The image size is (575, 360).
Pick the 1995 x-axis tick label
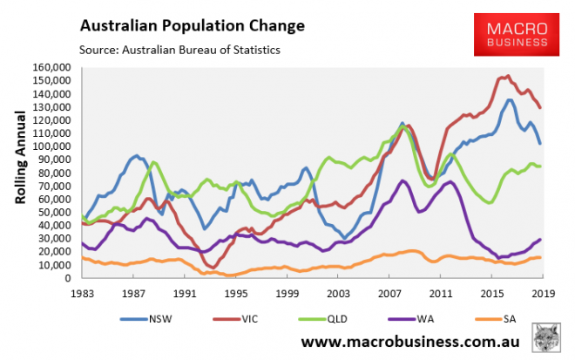(x=235, y=294)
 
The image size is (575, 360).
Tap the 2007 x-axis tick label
(x=389, y=294)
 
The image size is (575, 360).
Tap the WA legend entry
(x=421, y=315)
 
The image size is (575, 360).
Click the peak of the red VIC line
(x=508, y=76)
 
